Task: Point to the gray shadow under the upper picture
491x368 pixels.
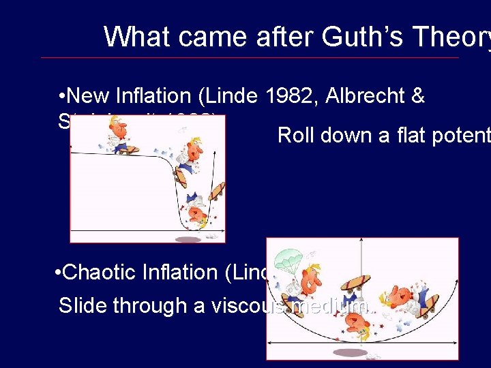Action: pyautogui.click(x=188, y=239)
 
